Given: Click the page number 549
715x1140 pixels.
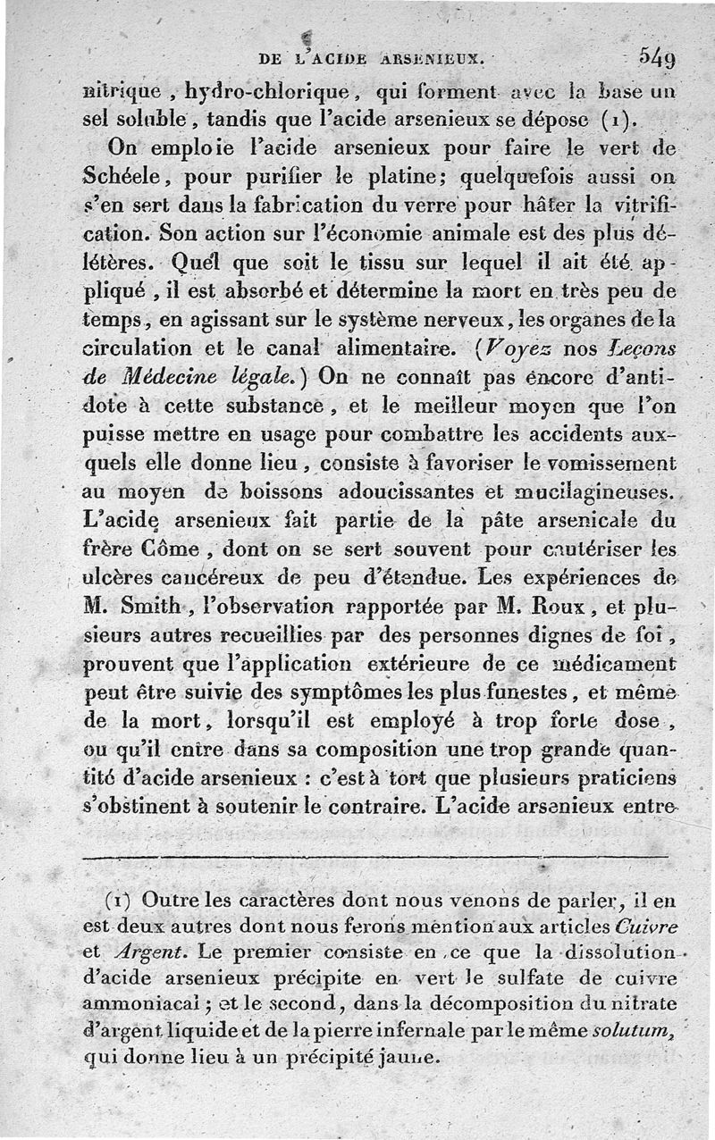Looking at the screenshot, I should pyautogui.click(x=657, y=59).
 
